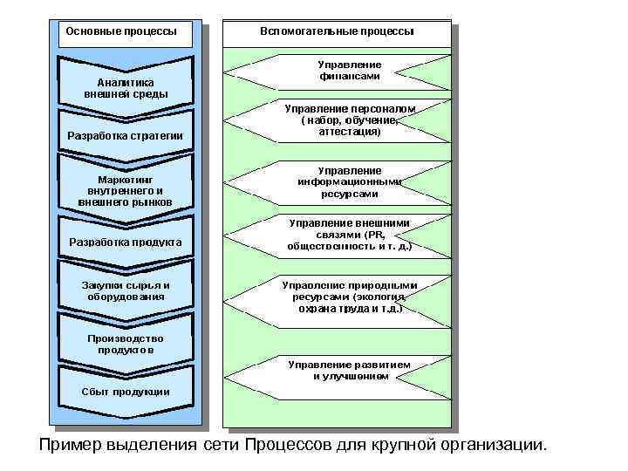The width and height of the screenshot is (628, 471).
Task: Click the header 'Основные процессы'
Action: [121, 31]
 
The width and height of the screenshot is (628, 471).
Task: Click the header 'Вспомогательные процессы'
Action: [337, 31]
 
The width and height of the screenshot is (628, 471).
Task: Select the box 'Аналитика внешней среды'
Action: [126, 87]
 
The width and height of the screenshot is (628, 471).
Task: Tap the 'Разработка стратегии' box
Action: [126, 135]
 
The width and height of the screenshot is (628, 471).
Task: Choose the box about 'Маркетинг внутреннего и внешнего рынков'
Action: [126, 190]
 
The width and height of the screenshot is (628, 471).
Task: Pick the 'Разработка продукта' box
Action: [126, 241]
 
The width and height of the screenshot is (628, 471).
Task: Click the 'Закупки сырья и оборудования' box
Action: [126, 290]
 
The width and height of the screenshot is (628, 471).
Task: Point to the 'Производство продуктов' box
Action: [126, 344]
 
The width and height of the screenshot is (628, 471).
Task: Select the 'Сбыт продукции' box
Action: [126, 391]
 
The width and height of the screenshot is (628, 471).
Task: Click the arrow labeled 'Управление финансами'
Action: [349, 71]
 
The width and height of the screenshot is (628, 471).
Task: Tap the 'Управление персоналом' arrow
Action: [349, 120]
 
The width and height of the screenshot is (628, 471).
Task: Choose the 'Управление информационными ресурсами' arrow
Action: [349, 182]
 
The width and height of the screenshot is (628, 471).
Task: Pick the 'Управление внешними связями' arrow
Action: [349, 235]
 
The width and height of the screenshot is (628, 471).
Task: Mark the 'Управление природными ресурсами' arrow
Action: [349, 297]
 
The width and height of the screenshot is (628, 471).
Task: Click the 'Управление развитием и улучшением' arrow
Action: [349, 370]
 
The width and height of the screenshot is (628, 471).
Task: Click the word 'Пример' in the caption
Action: [70, 446]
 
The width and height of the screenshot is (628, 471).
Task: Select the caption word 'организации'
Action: [492, 446]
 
